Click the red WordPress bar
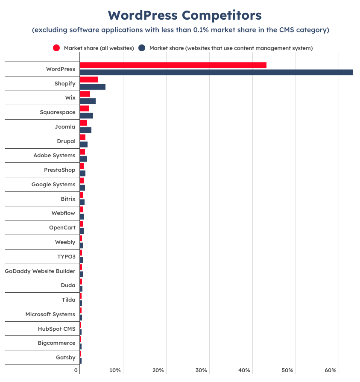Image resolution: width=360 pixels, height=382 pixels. click(173, 65)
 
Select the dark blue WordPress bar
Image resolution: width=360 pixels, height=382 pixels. click(216, 72)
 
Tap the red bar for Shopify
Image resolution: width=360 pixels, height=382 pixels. click(89, 79)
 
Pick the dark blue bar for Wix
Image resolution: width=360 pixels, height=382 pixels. click(88, 101)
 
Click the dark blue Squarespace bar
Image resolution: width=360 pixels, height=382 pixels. click(86, 116)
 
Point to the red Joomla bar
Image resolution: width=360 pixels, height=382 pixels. click(83, 123)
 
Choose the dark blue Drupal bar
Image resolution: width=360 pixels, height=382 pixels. click(84, 144)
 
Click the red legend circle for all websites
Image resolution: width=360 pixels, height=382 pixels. click(56, 48)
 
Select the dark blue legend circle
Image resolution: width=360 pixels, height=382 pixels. click(142, 48)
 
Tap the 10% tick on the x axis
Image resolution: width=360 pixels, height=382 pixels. click(115, 370)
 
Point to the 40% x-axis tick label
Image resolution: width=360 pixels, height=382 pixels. click(245, 370)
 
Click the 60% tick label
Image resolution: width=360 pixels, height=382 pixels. click(331, 370)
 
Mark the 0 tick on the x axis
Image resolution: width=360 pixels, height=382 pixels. click(76, 370)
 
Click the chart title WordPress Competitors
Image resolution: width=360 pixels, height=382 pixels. click(184, 15)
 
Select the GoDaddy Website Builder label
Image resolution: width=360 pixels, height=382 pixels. click(40, 271)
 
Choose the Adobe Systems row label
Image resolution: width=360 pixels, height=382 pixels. click(54, 156)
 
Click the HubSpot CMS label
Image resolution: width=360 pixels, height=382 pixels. click(56, 329)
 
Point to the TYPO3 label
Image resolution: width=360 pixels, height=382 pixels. click(66, 256)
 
